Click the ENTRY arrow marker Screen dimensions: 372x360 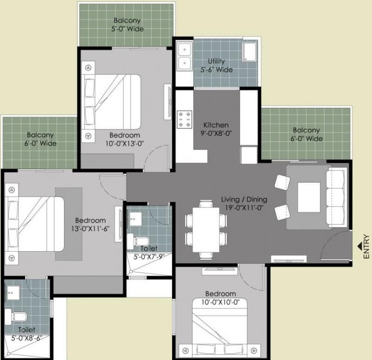click(360, 247)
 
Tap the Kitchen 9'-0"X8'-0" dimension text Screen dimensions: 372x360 click(216, 133)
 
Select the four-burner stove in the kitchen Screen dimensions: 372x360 click(184, 120)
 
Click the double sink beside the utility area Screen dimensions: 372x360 click(184, 56)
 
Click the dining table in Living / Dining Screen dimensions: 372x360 click(206, 230)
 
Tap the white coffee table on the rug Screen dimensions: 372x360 click(309, 197)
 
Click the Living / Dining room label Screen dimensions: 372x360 click(244, 200)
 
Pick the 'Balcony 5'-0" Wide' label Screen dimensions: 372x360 click(127, 25)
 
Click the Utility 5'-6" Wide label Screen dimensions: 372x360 click(216, 66)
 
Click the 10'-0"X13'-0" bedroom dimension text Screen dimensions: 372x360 click(125, 144)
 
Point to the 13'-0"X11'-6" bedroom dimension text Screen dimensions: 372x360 click(90, 229)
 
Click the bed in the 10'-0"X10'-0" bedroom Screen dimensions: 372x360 click(219, 329)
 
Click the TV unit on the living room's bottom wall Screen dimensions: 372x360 click(289, 259)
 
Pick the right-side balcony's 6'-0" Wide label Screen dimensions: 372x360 click(307, 139)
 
